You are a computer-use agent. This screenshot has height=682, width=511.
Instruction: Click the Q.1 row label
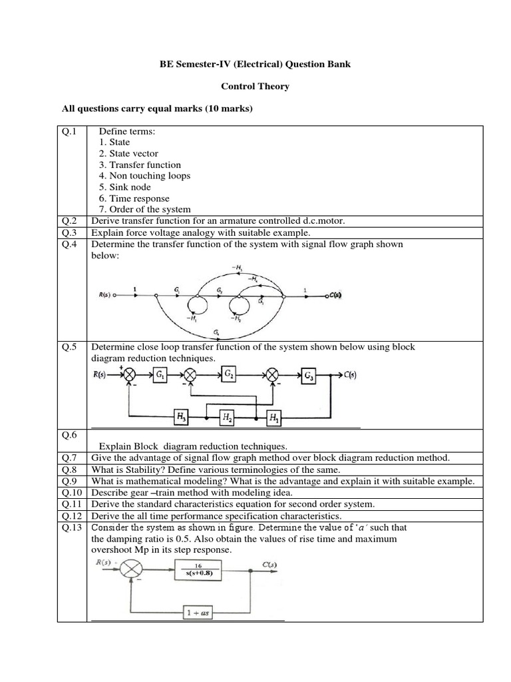pos(69,131)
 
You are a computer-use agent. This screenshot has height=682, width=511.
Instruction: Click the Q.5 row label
pos(69,347)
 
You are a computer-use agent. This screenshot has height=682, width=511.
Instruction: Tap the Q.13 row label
pos(72,527)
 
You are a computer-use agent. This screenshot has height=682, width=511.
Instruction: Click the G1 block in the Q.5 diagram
pos(160,375)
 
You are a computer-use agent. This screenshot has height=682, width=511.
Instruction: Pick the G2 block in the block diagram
pos(229,374)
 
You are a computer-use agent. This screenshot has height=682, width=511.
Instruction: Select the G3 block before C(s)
pos(309,374)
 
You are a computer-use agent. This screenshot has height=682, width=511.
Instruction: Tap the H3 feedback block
pos(180,418)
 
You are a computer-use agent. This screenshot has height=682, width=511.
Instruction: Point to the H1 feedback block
pos(274,418)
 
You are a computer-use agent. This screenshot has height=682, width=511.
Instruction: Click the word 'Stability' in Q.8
pos(137,470)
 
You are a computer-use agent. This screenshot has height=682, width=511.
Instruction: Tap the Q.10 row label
pos(72,492)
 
